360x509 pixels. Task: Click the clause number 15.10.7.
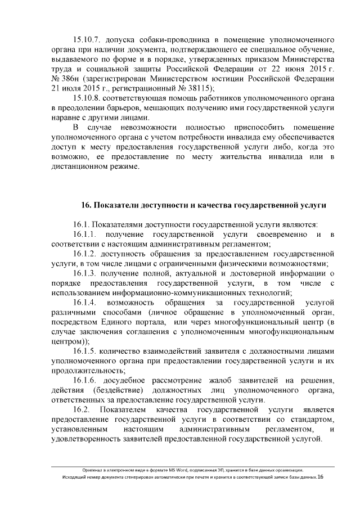(x=91, y=40)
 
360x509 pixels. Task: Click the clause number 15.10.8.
(x=91, y=98)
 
